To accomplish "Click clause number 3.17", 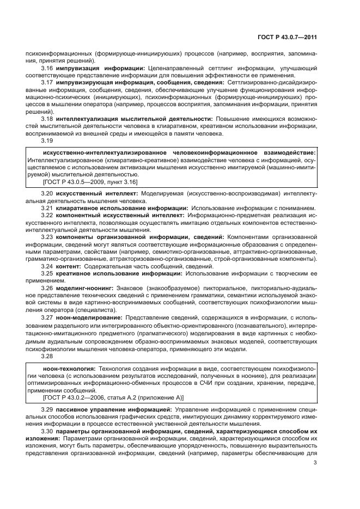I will point(47,82).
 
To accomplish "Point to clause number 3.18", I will point(47,118).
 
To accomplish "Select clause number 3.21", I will point(47,208).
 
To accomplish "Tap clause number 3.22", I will point(47,216).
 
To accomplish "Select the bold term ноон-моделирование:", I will point(89,316).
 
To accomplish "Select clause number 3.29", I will point(47,409).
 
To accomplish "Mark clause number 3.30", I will point(47,431).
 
